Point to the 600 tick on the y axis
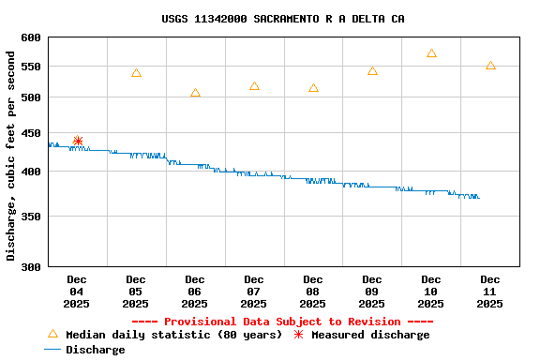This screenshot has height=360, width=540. pyautogui.click(x=31, y=37)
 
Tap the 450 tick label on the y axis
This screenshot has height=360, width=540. pyautogui.click(x=31, y=133)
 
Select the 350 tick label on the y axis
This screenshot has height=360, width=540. pyautogui.click(x=31, y=217)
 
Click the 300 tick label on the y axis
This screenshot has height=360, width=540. pyautogui.click(x=31, y=267)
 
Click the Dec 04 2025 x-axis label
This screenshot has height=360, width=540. pyautogui.click(x=77, y=291)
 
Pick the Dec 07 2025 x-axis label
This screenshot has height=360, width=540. pyautogui.click(x=254, y=291)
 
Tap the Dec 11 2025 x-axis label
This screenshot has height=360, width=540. pyautogui.click(x=490, y=291)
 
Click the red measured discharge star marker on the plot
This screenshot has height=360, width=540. pyautogui.click(x=78, y=142)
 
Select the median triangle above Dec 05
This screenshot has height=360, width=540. pyautogui.click(x=136, y=73)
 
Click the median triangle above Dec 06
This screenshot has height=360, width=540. pyautogui.click(x=195, y=93)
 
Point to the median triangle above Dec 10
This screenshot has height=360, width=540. pyautogui.click(x=431, y=53)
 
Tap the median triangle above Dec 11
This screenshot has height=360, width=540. pyautogui.click(x=490, y=66)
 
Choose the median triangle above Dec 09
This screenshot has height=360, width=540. pyautogui.click(x=372, y=71)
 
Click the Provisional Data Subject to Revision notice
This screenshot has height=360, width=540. pyautogui.click(x=282, y=322)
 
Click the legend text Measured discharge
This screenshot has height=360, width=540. pyautogui.click(x=370, y=335)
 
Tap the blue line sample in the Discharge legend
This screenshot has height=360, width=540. pyautogui.click(x=52, y=350)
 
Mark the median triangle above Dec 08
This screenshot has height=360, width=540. pyautogui.click(x=313, y=88)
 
